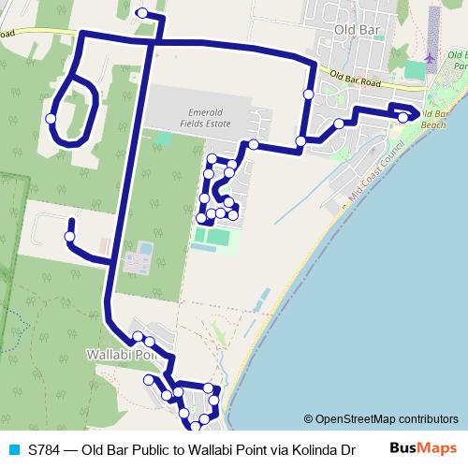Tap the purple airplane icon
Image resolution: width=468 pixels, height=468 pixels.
(x=430, y=57)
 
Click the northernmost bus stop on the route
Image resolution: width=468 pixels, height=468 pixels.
(x=141, y=13)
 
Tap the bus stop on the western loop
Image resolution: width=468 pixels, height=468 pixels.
(x=50, y=118)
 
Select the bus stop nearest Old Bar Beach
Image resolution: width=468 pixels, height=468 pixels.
(x=402, y=116)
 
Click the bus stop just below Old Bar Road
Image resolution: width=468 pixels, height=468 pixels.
(x=308, y=94)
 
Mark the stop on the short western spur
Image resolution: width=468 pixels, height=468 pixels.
(x=69, y=237)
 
